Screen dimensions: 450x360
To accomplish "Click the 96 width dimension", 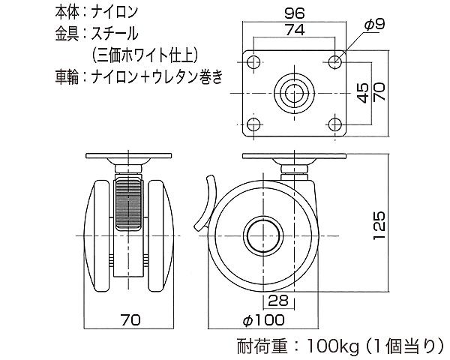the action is tap(294, 13).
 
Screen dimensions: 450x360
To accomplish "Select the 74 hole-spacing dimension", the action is tap(295, 30).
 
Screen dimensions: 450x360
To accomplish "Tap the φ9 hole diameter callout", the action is tap(374, 25).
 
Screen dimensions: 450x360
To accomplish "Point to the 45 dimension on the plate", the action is tap(363, 93).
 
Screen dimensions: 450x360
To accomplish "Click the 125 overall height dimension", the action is tap(379, 225).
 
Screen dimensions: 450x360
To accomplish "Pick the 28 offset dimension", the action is tap(277, 301).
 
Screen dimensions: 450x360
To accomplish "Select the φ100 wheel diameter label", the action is tap(264, 319).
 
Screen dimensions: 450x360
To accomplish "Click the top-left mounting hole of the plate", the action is tap(253, 62).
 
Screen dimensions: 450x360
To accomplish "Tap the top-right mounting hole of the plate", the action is tap(334, 62).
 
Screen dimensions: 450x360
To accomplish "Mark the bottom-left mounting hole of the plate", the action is tap(253, 124).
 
